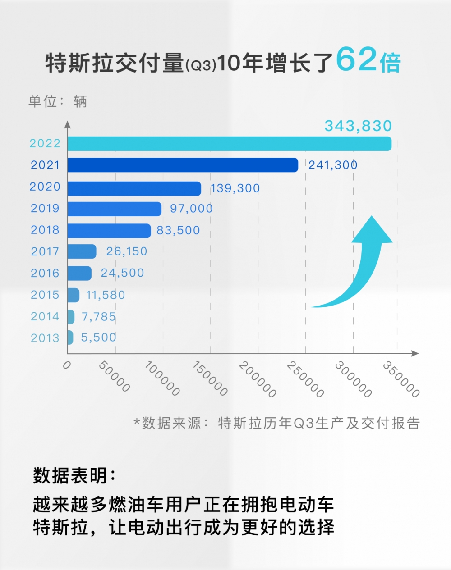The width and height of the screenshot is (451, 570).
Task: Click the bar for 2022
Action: (x=229, y=144)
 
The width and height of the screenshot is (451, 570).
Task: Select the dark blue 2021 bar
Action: (x=183, y=165)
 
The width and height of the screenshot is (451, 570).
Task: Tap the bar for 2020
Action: (x=134, y=188)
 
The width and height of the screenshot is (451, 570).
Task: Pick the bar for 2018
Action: (x=109, y=231)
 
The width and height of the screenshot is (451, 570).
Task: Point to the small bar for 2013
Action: (x=70, y=337)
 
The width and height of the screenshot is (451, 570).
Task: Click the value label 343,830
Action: (x=358, y=126)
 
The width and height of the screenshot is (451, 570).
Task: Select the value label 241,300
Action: (x=333, y=165)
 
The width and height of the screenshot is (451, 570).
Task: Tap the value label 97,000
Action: (x=191, y=209)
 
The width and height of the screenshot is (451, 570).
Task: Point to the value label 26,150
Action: (x=127, y=251)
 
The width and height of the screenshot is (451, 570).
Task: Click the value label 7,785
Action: (x=98, y=317)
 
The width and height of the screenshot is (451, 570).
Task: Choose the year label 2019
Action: (x=45, y=209)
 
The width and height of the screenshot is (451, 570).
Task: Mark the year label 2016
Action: (x=45, y=273)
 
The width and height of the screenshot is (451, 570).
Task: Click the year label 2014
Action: (x=45, y=316)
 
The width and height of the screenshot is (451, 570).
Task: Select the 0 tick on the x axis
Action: (x=67, y=365)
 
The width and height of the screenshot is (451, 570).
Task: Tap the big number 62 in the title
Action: (x=356, y=59)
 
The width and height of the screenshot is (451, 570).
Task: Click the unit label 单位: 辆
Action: (x=58, y=101)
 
